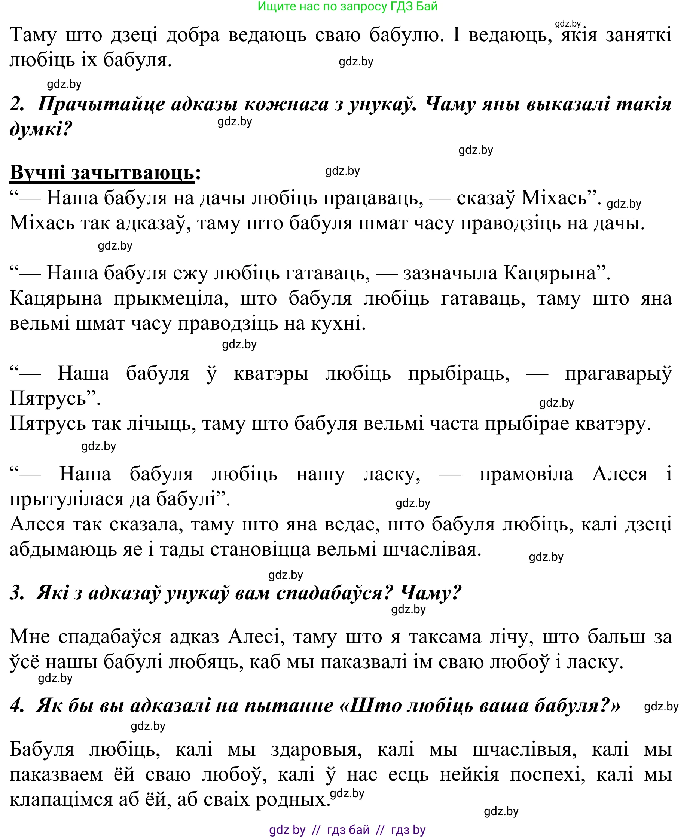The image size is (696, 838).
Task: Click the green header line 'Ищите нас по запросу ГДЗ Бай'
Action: (347, 7)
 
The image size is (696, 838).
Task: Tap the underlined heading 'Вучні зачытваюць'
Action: (102, 173)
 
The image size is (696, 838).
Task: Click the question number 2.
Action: (17, 104)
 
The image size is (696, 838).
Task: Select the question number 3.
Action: (17, 593)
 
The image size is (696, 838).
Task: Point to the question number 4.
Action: (17, 706)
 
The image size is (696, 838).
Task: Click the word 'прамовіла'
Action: (526, 474)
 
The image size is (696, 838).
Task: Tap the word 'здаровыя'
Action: (316, 749)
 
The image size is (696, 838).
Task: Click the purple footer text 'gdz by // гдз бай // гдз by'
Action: (347, 830)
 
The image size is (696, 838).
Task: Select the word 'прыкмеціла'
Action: (171, 299)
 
